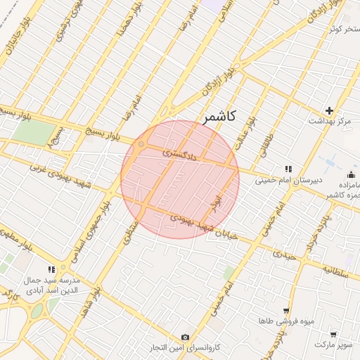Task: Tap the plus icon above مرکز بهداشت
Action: [x=329, y=110]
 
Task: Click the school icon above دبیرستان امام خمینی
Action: [x=288, y=169]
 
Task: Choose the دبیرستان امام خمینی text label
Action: [x=290, y=179]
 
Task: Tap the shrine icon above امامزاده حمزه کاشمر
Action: [x=352, y=174]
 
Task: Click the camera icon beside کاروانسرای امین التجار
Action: [x=185, y=337]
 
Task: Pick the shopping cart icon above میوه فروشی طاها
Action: [x=286, y=311]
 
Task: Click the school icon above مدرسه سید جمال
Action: [x=51, y=269]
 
